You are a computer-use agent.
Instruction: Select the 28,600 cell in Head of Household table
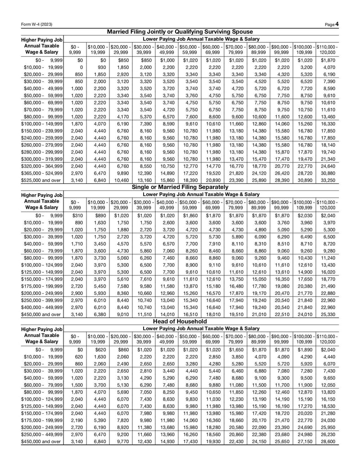point(327,454)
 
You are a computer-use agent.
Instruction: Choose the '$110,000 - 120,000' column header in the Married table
point(327,50)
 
